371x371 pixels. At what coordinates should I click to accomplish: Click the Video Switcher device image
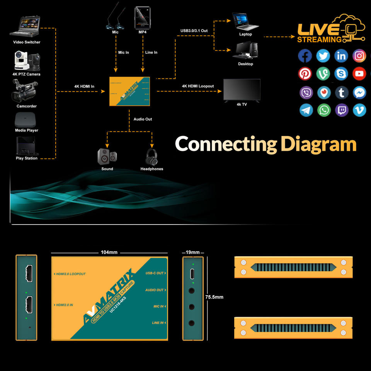[26, 26]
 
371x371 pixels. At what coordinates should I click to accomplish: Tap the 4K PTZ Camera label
[27, 74]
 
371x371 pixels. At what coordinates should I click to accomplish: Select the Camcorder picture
[26, 90]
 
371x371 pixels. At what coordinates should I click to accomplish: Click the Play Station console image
[27, 146]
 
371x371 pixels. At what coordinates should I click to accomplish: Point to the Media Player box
[27, 120]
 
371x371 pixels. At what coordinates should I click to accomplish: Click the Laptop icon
[245, 22]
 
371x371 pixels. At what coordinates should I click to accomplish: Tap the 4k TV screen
[242, 90]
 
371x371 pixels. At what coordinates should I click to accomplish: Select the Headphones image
[151, 157]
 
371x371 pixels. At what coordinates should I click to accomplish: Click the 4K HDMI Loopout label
[198, 86]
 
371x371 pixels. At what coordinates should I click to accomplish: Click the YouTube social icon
[359, 73]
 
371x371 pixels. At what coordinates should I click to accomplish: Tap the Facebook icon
[305, 56]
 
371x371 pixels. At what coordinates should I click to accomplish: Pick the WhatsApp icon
[324, 110]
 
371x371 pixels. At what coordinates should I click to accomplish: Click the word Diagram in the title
[318, 144]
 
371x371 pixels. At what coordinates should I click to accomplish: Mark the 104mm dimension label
[109, 252]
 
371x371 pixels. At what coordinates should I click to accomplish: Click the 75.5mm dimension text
[214, 297]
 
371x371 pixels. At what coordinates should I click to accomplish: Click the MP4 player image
[142, 18]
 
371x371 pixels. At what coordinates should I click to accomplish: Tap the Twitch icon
[342, 110]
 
